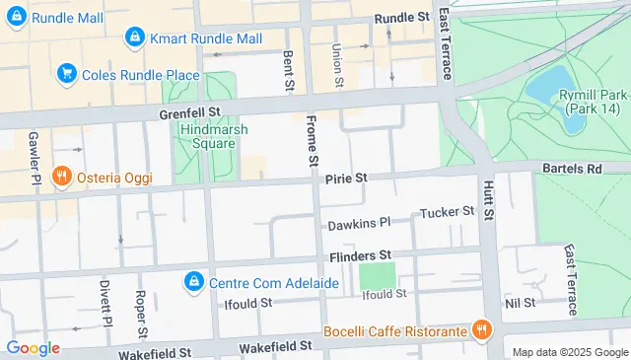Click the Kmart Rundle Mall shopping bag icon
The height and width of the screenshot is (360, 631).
click(134, 38)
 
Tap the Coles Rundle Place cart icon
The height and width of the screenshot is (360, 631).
click(67, 73)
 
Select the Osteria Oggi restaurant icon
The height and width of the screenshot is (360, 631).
click(62, 176)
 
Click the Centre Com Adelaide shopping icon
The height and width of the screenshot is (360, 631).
click(193, 283)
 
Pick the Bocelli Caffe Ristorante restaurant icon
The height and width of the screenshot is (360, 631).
click(481, 330)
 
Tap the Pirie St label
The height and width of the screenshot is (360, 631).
click(345, 178)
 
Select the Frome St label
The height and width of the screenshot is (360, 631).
click(313, 139)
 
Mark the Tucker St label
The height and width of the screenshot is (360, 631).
click(447, 212)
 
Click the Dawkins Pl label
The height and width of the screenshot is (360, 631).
click(360, 224)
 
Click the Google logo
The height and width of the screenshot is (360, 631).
click(33, 347)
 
